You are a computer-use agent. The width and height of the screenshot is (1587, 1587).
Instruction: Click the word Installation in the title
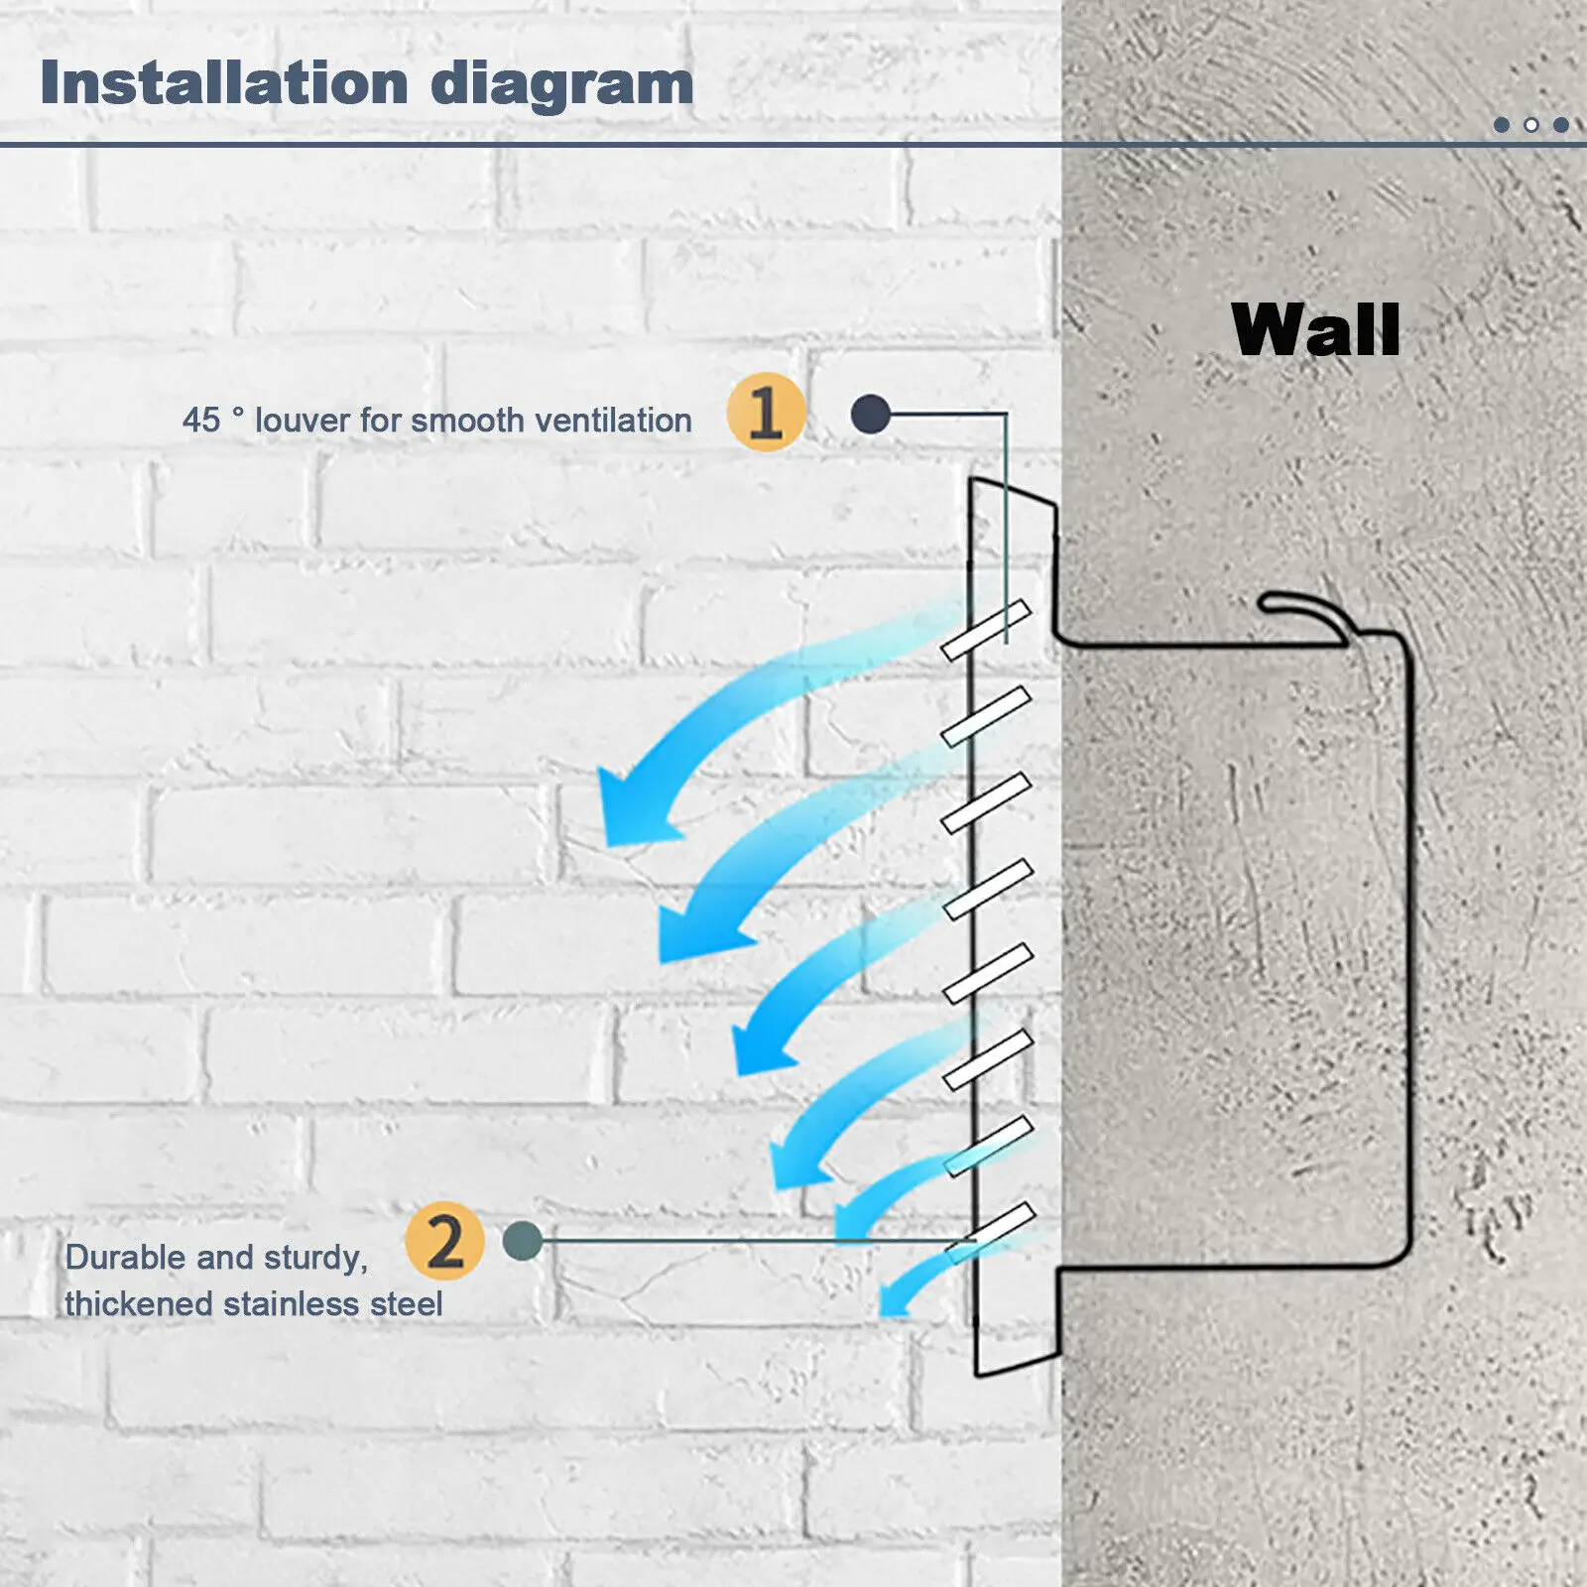pyautogui.click(x=224, y=82)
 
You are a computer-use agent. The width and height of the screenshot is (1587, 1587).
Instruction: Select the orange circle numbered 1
pyautogui.click(x=766, y=412)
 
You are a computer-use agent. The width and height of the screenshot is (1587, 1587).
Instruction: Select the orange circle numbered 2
pyautogui.click(x=444, y=1241)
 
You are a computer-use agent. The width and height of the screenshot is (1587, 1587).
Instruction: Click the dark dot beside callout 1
pyautogui.click(x=871, y=415)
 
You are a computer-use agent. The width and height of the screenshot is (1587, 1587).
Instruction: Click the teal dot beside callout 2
pyautogui.click(x=523, y=1241)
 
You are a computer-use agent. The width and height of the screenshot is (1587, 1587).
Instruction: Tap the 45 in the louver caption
pyautogui.click(x=201, y=420)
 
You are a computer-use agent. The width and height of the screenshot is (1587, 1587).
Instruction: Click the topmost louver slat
pyautogui.click(x=986, y=630)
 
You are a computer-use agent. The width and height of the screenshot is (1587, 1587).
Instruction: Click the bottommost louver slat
pyautogui.click(x=990, y=1233)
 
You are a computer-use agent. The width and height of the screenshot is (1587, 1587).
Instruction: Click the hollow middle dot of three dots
pyautogui.click(x=1531, y=125)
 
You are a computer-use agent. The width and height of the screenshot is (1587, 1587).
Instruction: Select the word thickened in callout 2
pyautogui.click(x=139, y=1303)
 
